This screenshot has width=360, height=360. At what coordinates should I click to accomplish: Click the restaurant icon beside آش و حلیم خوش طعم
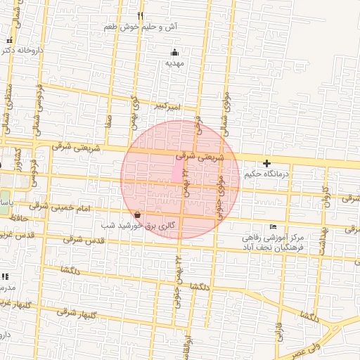point(141,15)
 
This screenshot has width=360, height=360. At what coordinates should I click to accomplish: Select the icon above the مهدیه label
point(174,52)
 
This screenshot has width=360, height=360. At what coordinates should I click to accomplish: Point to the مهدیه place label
point(174,63)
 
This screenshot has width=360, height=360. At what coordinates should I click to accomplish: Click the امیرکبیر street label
point(169,107)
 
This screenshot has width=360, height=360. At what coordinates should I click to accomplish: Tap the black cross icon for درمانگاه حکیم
point(266,163)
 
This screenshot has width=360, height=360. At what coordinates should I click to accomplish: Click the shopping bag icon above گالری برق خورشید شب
point(136,214)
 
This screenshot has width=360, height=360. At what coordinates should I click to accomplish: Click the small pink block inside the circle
point(176,171)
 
